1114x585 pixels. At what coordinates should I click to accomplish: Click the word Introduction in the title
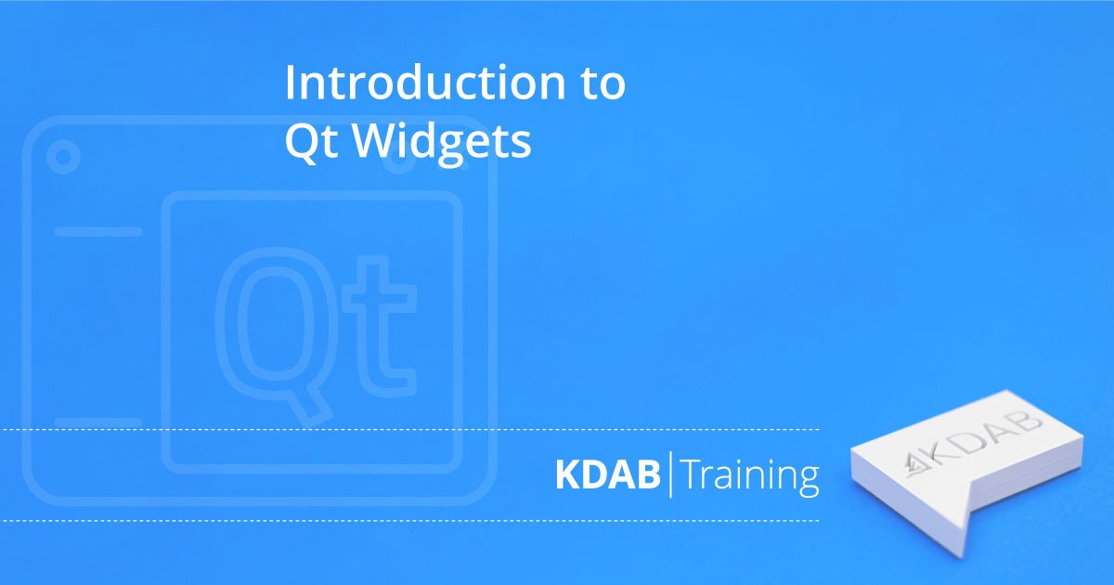pyautogui.click(x=425, y=82)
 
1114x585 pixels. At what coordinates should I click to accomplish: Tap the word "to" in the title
pyautogui.click(x=603, y=84)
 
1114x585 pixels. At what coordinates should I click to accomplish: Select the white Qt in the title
pyautogui.click(x=311, y=141)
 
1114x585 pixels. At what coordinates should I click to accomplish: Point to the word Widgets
pyautogui.click(x=442, y=143)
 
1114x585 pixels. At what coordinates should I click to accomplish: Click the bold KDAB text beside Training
pyautogui.click(x=608, y=475)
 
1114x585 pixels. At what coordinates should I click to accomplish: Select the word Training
pyautogui.click(x=750, y=476)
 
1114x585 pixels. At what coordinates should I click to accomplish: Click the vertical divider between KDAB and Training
pyautogui.click(x=671, y=474)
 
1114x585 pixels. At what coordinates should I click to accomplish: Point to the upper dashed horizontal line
pyautogui.click(x=409, y=429)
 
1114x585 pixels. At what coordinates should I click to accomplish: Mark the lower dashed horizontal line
pyautogui.click(x=409, y=521)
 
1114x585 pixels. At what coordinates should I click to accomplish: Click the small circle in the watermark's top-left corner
pyautogui.click(x=63, y=157)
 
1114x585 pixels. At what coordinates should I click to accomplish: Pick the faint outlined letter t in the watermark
pyautogui.click(x=379, y=326)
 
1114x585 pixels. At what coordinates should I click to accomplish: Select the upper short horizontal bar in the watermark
pyautogui.click(x=98, y=231)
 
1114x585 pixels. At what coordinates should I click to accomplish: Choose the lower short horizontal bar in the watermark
pyautogui.click(x=98, y=422)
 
